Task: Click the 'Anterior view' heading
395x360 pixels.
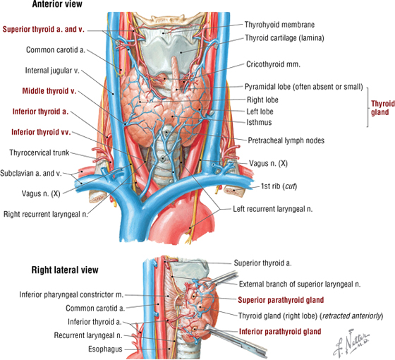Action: pos(57,4)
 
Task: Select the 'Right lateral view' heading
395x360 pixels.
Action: pos(65,270)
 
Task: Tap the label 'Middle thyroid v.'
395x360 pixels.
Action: pos(49,91)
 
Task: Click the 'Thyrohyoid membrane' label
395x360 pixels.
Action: pos(279,25)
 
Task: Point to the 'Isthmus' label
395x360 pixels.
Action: pos(259,122)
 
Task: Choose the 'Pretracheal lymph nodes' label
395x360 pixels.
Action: pos(286,140)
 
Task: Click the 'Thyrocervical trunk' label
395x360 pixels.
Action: pos(39,152)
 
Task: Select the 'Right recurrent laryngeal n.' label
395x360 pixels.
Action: pos(46,215)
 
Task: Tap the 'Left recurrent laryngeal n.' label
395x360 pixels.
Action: pos(272,209)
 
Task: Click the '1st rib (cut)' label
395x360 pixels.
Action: pos(279,186)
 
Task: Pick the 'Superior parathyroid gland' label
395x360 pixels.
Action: pos(281,300)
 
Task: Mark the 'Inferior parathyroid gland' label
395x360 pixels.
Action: pos(280,332)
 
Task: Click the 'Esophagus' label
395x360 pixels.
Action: pos(105,349)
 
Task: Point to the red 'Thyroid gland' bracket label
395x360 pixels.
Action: pos(382,108)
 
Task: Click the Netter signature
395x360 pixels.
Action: pos(352,343)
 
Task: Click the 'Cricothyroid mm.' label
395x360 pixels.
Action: pos(274,64)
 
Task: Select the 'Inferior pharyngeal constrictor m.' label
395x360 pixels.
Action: pos(71,295)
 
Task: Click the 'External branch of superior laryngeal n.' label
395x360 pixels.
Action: pos(300,284)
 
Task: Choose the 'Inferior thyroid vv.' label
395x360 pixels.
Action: pos(41,132)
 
